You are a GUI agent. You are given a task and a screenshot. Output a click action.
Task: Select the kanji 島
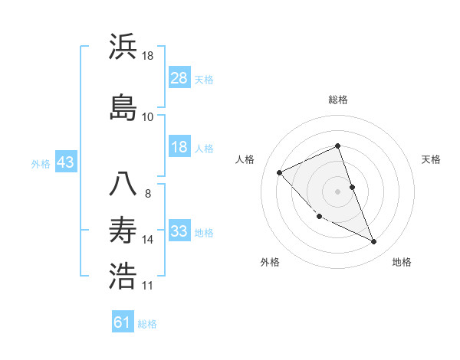(x=123, y=106)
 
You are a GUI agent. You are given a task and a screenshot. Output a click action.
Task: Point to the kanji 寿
(x=123, y=230)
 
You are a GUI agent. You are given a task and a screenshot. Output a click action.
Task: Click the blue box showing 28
(x=179, y=77)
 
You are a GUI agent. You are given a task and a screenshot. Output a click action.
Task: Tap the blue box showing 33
(x=179, y=231)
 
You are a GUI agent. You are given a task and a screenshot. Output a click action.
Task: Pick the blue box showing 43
(x=65, y=162)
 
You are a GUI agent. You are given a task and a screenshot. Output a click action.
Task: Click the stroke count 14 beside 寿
(x=148, y=240)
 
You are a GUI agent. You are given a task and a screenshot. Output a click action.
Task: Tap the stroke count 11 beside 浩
(x=148, y=286)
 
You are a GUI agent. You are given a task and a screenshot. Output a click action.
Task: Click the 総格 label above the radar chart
(x=338, y=100)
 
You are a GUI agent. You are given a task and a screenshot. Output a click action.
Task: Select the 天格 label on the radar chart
(x=431, y=159)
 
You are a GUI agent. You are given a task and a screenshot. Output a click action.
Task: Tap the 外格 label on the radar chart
(x=270, y=262)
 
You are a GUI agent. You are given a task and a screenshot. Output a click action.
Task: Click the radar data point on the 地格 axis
(x=374, y=242)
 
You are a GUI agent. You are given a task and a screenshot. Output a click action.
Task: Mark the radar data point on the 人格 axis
(x=280, y=172)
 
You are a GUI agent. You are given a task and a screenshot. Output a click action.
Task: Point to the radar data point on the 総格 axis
(x=338, y=146)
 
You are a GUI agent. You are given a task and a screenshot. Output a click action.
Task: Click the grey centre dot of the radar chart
(x=338, y=191)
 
